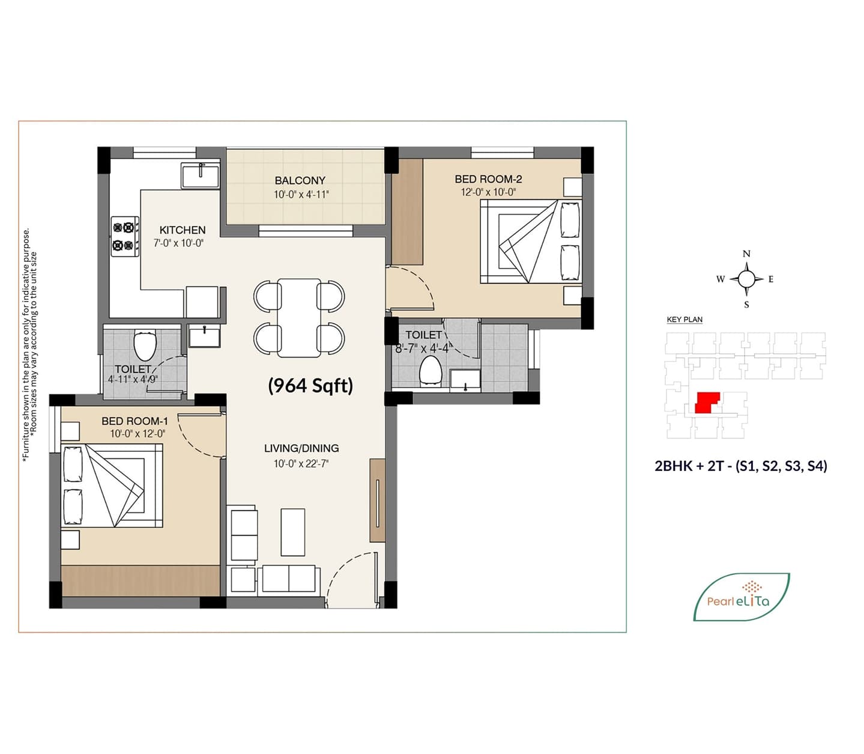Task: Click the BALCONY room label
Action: click(x=300, y=180)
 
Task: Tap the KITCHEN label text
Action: click(x=183, y=230)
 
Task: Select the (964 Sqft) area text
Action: click(x=310, y=386)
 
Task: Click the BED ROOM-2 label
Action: click(x=488, y=179)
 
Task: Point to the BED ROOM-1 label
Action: click(x=134, y=421)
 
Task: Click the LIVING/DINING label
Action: click(x=301, y=448)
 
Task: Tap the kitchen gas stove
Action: click(x=125, y=237)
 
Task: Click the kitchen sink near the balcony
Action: click(x=200, y=175)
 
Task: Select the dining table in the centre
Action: click(x=299, y=318)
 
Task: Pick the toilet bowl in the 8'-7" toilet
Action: click(x=430, y=371)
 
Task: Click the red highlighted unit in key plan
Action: click(x=707, y=403)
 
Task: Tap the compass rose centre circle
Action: click(x=746, y=279)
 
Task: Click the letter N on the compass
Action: click(x=746, y=254)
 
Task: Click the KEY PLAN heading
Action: click(x=684, y=320)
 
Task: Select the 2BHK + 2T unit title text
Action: click(x=741, y=466)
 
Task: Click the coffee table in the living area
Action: click(x=293, y=532)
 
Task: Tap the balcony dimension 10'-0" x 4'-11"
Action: click(x=301, y=195)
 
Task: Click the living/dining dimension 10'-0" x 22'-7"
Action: click(x=301, y=464)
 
